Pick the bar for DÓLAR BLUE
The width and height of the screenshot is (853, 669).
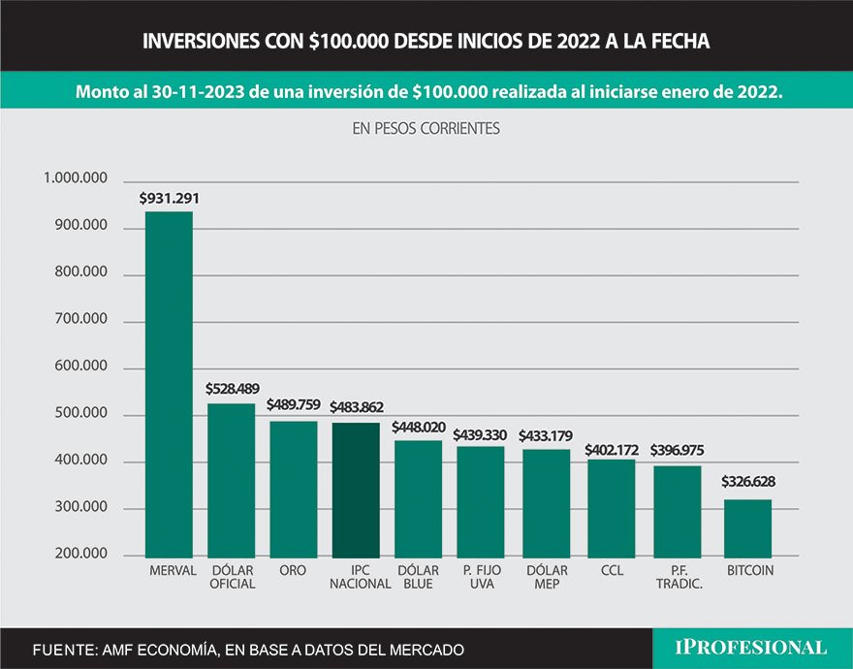coord(418,497)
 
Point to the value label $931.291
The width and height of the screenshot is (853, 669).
coord(169,198)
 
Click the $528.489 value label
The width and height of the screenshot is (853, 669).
coord(231,388)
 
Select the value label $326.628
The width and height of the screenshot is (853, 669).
coord(747,481)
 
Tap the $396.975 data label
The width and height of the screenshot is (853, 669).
coord(679,451)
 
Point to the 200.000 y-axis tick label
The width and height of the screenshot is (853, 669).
coord(80,555)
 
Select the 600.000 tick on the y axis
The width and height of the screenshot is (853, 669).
coord(80,367)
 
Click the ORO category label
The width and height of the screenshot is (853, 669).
coord(293,571)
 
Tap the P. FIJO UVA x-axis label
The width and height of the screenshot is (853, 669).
coord(481,577)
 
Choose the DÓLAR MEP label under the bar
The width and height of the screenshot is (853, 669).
coord(546,577)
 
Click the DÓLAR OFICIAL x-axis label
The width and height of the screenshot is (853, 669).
coord(232,577)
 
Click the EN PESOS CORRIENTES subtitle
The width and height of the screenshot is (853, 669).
coord(426,128)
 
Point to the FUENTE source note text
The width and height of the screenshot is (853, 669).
coord(248,649)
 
